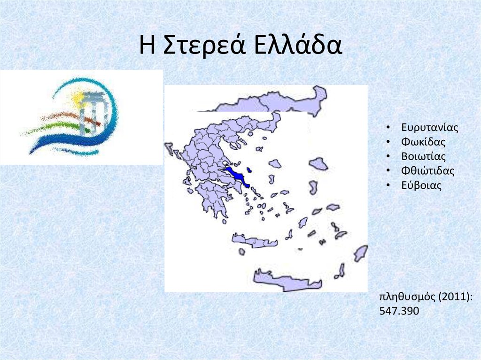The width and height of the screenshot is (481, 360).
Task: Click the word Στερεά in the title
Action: pos(205,46)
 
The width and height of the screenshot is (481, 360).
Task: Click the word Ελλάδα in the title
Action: pos(297,46)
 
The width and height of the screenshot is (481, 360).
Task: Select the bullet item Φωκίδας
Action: pos(423,142)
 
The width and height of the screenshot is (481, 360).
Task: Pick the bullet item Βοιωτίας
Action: pos(423,156)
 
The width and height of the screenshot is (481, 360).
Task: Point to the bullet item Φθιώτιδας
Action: pos(428,171)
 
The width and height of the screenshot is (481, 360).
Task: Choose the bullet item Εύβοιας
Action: pos(421,185)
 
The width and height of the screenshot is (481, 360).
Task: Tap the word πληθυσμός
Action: pos(400,297)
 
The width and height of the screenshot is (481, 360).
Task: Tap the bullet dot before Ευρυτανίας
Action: pos(388,128)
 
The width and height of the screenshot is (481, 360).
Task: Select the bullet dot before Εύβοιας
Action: pos(388,186)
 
